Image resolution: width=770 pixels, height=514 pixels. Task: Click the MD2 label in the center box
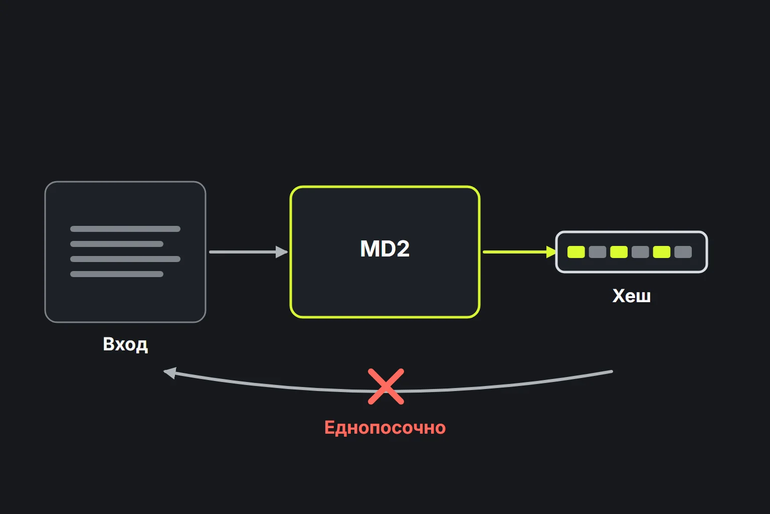(384, 248)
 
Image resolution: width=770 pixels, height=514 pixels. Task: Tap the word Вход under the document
(125, 344)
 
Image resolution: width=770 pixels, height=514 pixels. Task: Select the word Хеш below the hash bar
(632, 296)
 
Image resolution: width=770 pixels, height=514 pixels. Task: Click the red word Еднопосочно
(385, 428)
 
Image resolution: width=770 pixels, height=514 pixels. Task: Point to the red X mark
(386, 387)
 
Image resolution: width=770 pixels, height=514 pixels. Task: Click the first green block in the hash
(576, 252)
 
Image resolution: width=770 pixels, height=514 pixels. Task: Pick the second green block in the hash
(619, 252)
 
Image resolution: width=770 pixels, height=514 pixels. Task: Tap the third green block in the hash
(662, 252)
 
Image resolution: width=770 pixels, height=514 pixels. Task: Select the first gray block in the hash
(598, 252)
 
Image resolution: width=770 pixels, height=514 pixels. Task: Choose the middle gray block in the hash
(640, 252)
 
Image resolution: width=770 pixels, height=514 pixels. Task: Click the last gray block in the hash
(683, 252)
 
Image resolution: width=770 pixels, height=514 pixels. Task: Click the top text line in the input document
(125, 229)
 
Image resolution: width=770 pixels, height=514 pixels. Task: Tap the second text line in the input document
(117, 244)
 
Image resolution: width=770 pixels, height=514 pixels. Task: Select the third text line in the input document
(125, 259)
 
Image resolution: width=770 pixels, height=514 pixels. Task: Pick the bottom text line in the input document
(117, 274)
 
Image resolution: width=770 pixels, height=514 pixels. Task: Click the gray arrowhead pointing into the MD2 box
(282, 252)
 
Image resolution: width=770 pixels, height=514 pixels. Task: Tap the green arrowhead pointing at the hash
(551, 252)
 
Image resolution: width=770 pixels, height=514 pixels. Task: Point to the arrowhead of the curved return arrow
(170, 372)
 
